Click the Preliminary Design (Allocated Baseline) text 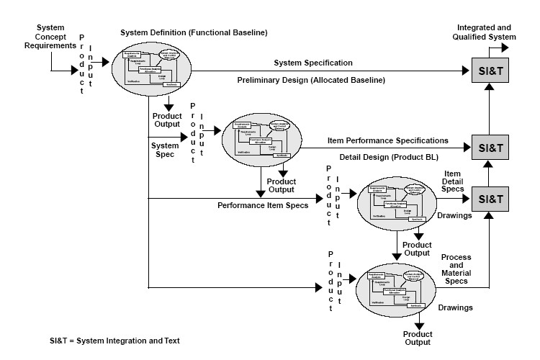[311, 79]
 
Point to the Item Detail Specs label [452, 185]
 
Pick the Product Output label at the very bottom [417, 338]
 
